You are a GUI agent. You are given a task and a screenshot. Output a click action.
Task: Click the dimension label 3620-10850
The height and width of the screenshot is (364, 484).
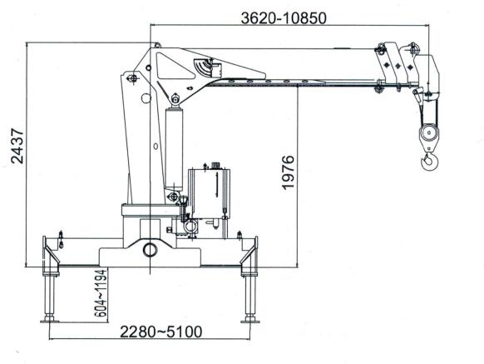pos(284,18)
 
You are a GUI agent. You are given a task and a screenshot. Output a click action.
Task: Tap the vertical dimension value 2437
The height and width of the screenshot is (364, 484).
pos(17,146)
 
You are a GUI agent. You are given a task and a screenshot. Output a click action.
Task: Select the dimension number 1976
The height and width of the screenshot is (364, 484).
pos(289,172)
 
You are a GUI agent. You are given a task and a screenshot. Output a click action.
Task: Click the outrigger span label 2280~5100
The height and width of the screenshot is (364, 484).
pos(161,332)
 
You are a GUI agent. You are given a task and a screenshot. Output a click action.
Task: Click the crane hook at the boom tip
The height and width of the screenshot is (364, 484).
pos(429,161)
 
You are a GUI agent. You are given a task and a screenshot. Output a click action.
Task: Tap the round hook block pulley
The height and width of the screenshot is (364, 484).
pos(429,133)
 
